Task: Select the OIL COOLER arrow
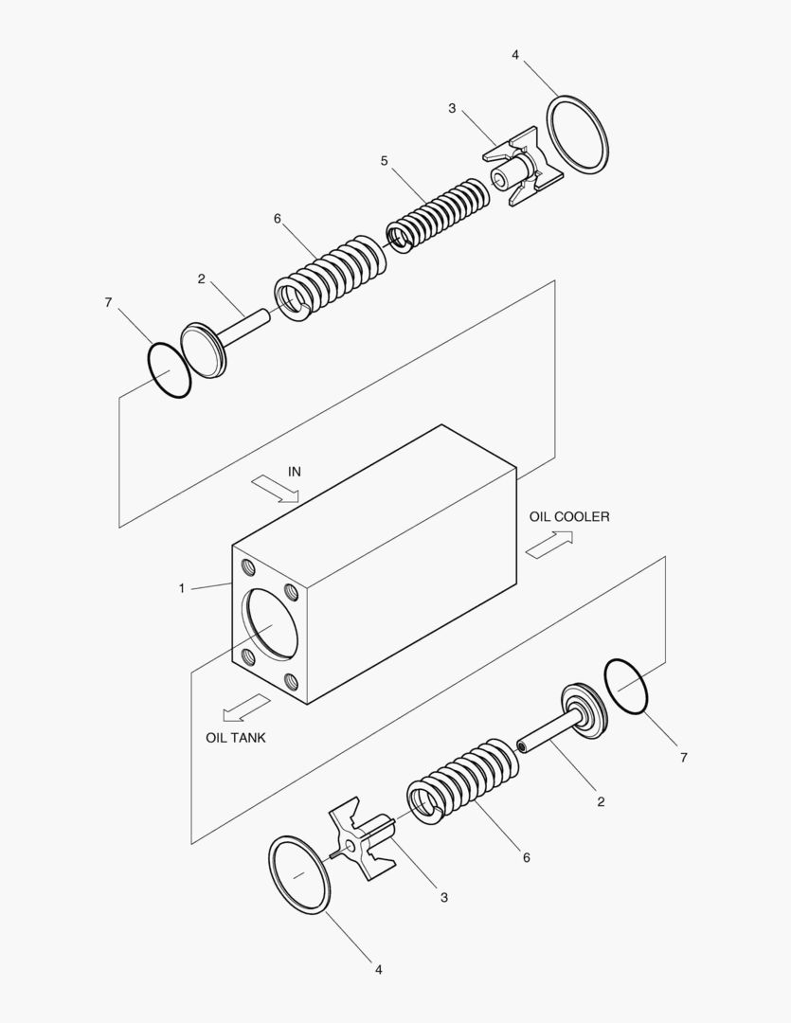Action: pyautogui.click(x=549, y=545)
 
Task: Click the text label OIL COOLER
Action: pyautogui.click(x=568, y=516)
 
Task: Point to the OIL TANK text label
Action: pyautogui.click(x=236, y=737)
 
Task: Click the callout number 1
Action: pyautogui.click(x=181, y=589)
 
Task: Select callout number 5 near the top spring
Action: pyautogui.click(x=384, y=161)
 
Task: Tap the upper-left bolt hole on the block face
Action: pyautogui.click(x=248, y=567)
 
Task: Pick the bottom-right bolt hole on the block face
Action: pyautogui.click(x=292, y=679)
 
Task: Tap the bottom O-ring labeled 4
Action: pyautogui.click(x=300, y=873)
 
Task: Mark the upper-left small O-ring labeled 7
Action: pyautogui.click(x=169, y=370)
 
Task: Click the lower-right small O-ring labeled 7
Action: pyautogui.click(x=625, y=687)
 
